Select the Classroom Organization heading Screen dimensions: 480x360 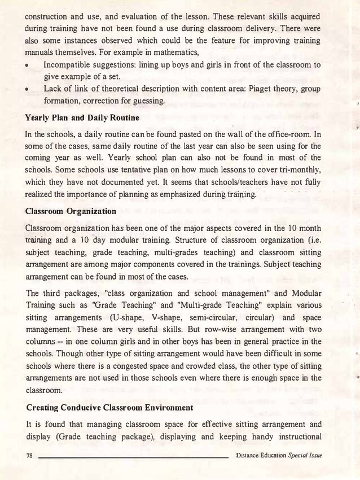pyautogui.click(x=71, y=211)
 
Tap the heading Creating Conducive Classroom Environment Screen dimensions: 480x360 pyautogui.click(x=109, y=407)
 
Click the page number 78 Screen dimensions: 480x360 pyautogui.click(x=30, y=456)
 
